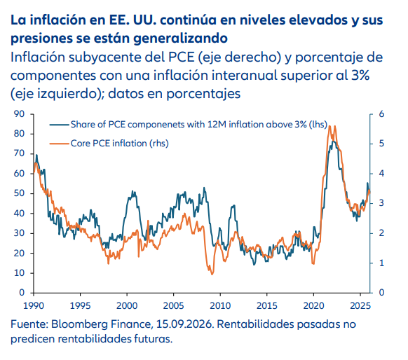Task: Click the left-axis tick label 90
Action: pyautogui.click(x=19, y=114)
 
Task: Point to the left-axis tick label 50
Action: pyautogui.click(x=19, y=193)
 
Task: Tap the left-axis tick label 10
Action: pyautogui.click(x=19, y=273)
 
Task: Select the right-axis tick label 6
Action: pyautogui.click(x=381, y=114)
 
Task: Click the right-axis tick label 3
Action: pyautogui.click(x=381, y=203)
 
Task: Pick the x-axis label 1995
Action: pyautogui.click(x=80, y=305)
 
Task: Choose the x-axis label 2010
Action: pyautogui.click(x=220, y=305)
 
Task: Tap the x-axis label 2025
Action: pyautogui.click(x=360, y=305)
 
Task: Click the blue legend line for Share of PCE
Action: pyautogui.click(x=60, y=125)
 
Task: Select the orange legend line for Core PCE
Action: pyautogui.click(x=60, y=143)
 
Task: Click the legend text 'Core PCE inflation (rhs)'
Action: pyautogui.click(x=120, y=143)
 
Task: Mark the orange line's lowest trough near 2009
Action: pyautogui.click(x=212, y=274)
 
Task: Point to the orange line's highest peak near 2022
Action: pyautogui.click(x=330, y=126)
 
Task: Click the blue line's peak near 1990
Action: pyautogui.click(x=36, y=155)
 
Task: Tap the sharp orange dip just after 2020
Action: pyautogui.click(x=313, y=263)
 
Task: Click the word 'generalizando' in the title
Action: pyautogui.click(x=180, y=39)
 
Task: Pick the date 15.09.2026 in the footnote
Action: pyautogui.click(x=185, y=324)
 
